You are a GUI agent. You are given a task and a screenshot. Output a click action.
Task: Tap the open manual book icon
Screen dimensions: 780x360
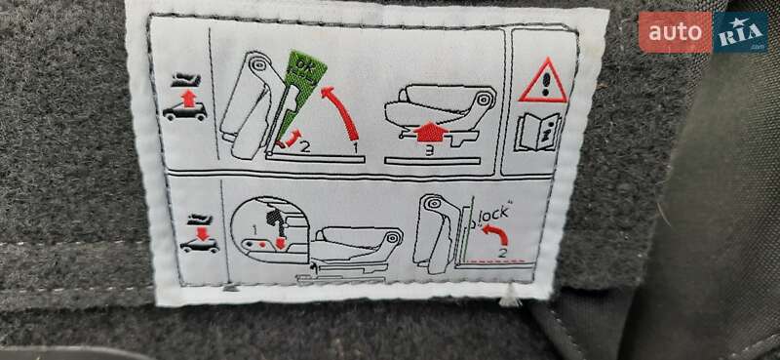tap(538, 132)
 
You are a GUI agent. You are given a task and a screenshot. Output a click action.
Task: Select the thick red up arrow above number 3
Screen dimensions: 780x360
tap(431, 133)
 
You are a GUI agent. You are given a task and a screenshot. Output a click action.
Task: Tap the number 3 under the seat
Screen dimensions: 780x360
tap(429, 150)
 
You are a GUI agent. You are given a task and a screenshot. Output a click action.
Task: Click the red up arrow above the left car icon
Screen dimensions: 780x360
tap(188, 99)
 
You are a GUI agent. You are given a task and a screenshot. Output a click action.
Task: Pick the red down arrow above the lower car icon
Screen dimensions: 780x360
tap(203, 233)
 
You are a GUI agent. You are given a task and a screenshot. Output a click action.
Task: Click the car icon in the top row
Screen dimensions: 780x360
tap(185, 111)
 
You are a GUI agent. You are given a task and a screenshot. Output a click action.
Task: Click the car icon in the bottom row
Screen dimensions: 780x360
tap(200, 246)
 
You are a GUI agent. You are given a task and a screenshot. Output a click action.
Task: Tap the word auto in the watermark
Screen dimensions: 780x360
tap(675, 32)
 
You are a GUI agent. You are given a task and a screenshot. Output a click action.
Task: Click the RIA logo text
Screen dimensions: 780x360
tap(740, 32)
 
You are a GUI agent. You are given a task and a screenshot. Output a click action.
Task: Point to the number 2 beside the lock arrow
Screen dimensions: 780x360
tap(503, 253)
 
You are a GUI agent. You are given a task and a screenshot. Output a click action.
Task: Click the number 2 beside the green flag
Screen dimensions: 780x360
tap(305, 147)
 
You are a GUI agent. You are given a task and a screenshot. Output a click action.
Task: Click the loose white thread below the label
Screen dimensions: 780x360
tap(509, 297)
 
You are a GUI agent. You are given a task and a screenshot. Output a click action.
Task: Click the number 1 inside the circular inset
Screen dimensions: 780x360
tap(254, 230)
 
